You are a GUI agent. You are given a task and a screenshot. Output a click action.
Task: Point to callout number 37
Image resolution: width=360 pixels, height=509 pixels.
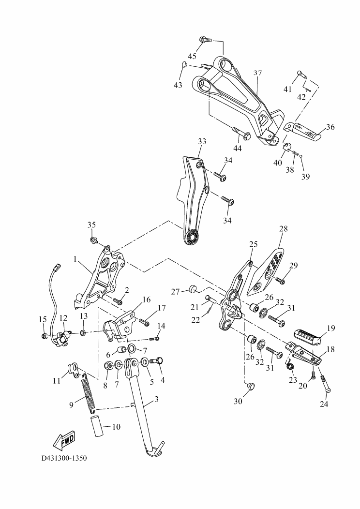(257, 73)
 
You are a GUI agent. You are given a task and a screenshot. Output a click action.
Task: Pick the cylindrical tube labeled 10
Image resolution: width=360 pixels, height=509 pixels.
(97, 424)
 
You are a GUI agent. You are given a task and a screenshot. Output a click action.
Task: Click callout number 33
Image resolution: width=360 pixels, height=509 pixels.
(202, 141)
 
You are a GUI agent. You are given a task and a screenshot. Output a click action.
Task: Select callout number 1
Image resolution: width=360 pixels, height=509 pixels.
(75, 259)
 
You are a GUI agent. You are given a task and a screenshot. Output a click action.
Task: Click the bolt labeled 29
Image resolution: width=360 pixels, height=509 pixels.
(281, 279)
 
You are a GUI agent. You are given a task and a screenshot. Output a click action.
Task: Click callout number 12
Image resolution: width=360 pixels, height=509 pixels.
(63, 318)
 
